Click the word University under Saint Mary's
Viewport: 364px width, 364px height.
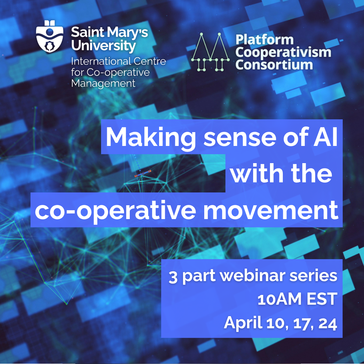[103, 46]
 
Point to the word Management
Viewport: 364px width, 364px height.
[103, 83]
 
